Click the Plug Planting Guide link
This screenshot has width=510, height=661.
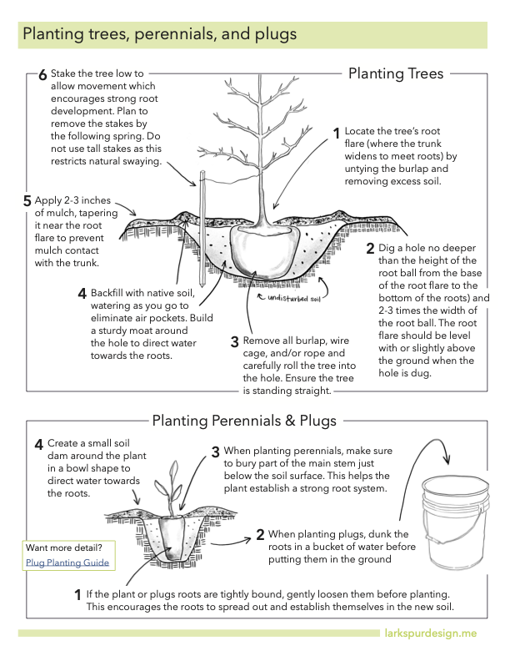point(67,563)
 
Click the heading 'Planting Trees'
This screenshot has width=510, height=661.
point(395,73)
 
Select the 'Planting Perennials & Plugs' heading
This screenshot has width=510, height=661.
point(243,420)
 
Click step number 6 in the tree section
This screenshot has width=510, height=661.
point(42,75)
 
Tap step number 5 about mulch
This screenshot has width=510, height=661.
point(27,201)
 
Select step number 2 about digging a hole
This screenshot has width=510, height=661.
point(370,248)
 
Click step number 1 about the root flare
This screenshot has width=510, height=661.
point(337,134)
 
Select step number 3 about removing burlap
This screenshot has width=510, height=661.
point(234,342)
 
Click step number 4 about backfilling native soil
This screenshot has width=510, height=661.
point(82,293)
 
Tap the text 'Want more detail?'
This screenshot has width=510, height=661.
point(64,547)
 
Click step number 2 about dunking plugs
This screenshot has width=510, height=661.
point(260,534)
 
